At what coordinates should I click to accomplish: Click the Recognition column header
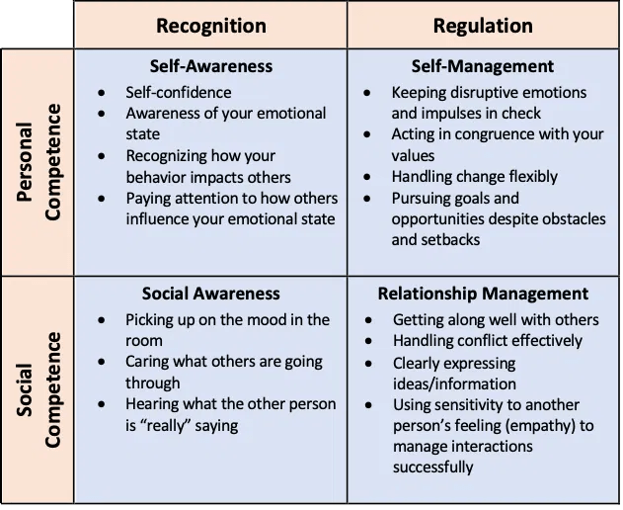click(x=210, y=25)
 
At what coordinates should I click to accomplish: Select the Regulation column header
click(x=485, y=25)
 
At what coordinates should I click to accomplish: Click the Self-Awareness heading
click(x=210, y=67)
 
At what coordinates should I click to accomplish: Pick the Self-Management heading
click(x=483, y=67)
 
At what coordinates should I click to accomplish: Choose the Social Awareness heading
click(x=210, y=294)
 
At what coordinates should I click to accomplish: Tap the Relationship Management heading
click(x=483, y=294)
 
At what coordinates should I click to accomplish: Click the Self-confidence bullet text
click(x=179, y=92)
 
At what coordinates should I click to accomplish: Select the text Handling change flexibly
click(x=474, y=177)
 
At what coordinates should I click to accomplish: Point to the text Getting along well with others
click(x=496, y=319)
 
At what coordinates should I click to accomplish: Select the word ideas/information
click(x=454, y=383)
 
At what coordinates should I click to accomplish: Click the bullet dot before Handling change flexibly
click(x=368, y=178)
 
